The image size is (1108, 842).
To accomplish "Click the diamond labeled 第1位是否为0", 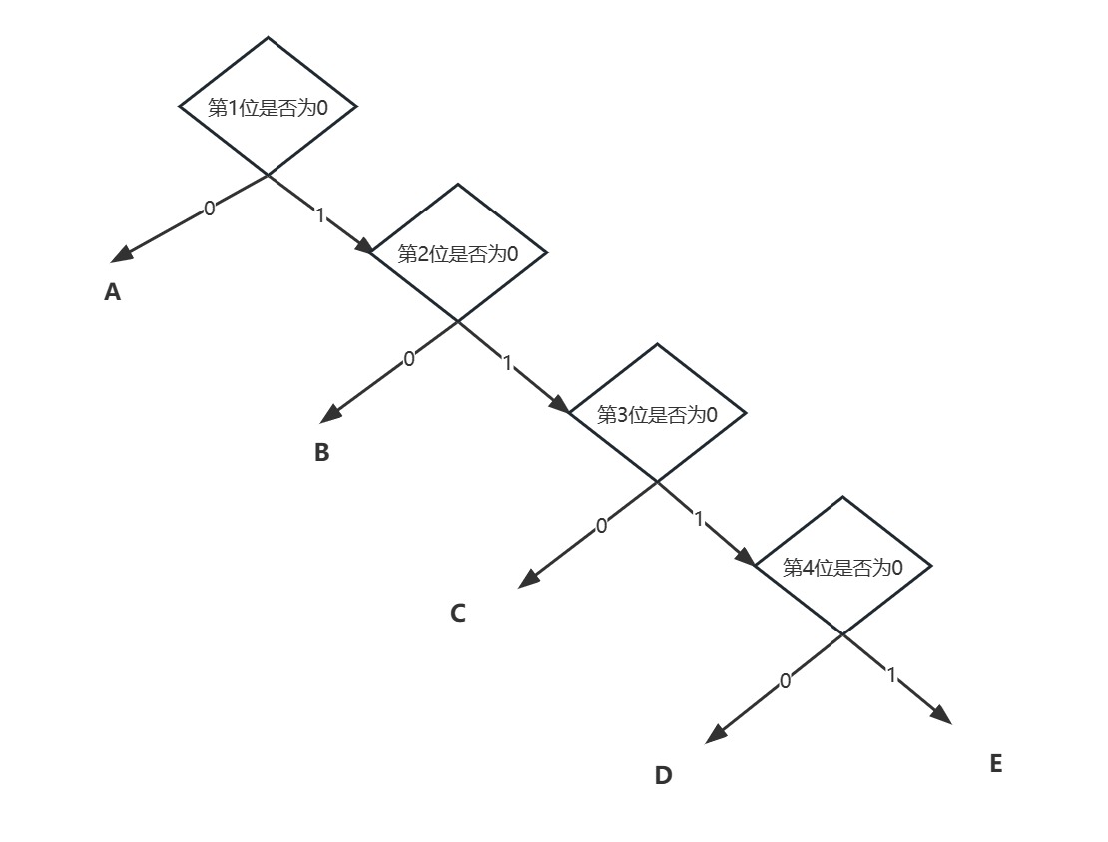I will pos(268,106).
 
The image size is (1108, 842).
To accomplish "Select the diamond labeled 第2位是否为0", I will pos(458,252).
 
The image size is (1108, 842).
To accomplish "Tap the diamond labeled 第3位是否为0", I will pos(657,413).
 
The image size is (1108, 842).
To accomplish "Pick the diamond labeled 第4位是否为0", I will pos(842,567).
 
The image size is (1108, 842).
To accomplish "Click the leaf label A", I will pos(113,292).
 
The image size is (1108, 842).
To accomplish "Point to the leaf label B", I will pos(321,452).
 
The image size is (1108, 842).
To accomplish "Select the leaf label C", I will pos(458,613).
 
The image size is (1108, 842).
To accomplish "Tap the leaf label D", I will pos(664,775).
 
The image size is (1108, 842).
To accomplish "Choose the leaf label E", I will pos(995,763).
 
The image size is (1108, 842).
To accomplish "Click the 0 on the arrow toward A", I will pos(209,208).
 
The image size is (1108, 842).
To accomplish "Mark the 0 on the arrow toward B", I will pos(409,359).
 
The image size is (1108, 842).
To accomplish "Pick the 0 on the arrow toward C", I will pos(601,525).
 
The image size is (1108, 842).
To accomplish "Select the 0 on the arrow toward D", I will pos(785,680).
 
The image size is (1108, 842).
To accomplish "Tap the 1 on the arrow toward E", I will pos(892,675).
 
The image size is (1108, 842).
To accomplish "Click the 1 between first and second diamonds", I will pos(320,214).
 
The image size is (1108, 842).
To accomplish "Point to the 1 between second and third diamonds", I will pos(507,363).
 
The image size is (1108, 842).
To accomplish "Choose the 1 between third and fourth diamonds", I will pos(698,518).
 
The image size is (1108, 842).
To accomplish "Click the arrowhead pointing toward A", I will pos(122,254).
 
